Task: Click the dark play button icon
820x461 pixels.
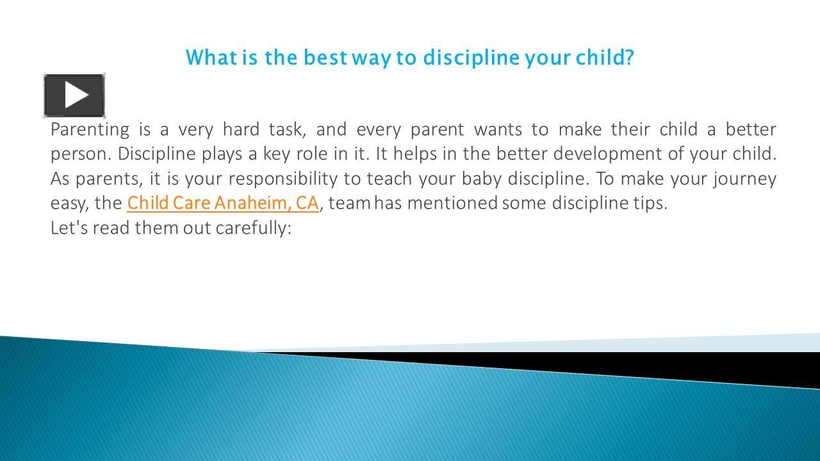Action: coord(74,95)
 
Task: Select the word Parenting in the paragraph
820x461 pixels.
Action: coord(90,130)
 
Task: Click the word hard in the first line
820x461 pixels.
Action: coord(242,130)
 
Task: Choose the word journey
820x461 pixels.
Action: coord(744,179)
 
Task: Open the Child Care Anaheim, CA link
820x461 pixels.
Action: coord(222,203)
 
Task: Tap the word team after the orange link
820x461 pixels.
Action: coord(348,203)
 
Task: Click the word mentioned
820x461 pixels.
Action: coord(452,203)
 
